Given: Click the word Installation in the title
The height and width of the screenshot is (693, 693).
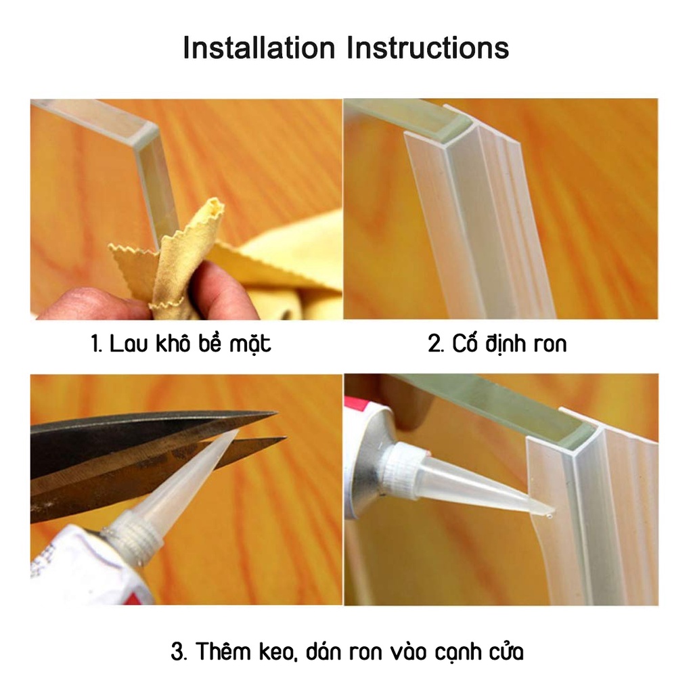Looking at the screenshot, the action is coord(259,48).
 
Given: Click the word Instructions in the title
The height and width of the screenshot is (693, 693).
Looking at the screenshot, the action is coord(428,48).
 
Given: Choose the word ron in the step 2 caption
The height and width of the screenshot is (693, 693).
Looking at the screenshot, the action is coord(550,345).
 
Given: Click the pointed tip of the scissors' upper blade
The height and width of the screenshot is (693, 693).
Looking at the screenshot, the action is coord(276,413).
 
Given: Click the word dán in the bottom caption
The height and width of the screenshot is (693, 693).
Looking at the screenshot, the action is coord(323,651).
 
